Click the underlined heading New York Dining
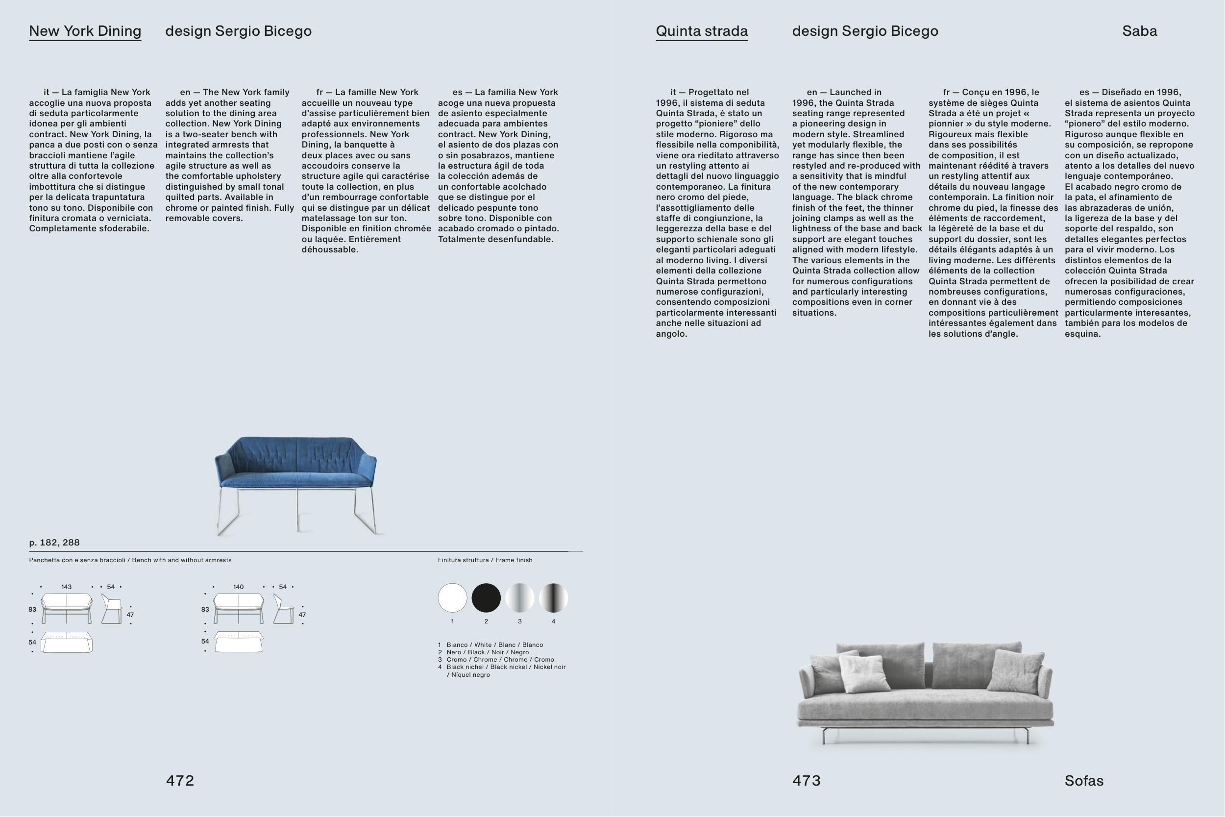85,31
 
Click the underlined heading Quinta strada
702,31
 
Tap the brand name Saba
1140,31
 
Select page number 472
180,781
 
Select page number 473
806,781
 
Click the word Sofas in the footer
1084,781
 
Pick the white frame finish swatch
452,597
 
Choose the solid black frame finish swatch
486,597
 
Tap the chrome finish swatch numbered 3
520,597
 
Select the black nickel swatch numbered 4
553,597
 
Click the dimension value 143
66,587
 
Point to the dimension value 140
238,587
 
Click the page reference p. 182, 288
55,543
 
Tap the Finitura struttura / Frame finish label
485,560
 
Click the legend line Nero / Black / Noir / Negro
487,652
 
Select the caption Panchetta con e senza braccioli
77,560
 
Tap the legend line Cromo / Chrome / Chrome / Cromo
500,660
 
